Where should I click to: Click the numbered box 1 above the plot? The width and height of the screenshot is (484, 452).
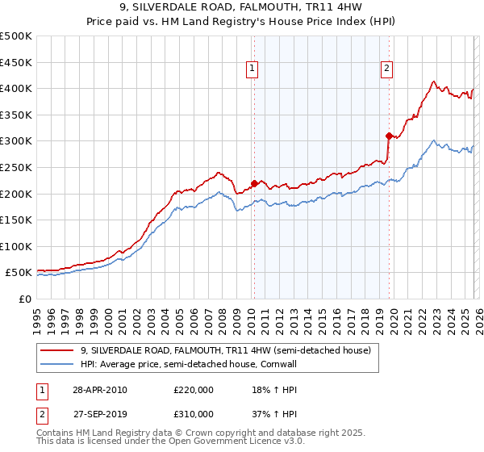coord(253,69)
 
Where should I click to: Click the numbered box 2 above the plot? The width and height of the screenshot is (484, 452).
coord(387,69)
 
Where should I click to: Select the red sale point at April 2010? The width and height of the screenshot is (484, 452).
coord(254,183)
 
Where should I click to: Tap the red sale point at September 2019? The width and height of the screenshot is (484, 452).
coord(389,136)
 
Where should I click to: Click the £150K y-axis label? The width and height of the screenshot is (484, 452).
coord(16,220)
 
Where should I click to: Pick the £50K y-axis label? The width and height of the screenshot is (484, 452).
coord(19,273)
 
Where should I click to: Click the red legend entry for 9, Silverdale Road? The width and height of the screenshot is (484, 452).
coord(225,351)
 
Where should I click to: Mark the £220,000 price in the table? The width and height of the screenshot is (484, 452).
coord(194,390)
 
